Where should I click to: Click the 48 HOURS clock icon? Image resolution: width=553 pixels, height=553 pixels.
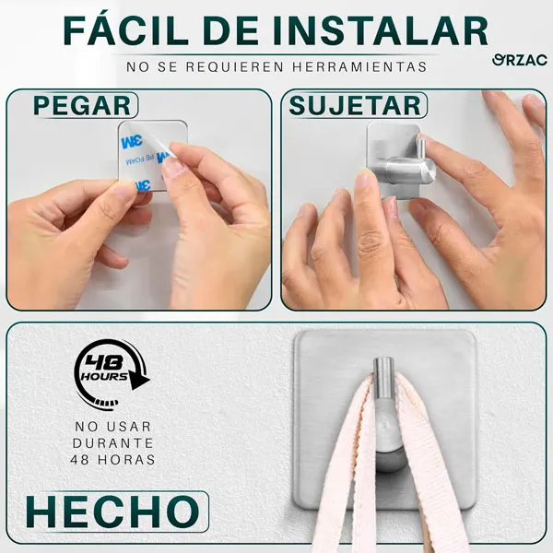(110, 374)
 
